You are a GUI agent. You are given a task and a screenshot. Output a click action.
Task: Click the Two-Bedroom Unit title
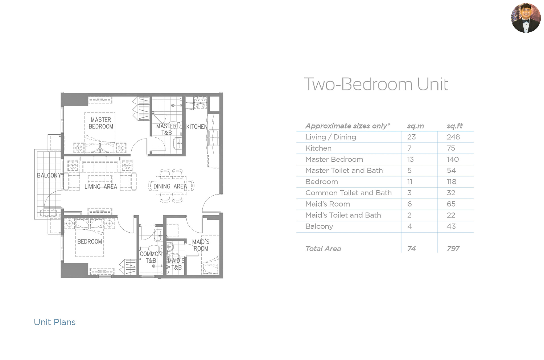point(376,84)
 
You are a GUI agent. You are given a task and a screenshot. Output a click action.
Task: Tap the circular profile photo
point(526,18)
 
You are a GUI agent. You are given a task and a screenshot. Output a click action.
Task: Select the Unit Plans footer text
point(55,322)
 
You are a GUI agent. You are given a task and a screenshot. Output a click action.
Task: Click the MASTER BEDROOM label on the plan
point(101,123)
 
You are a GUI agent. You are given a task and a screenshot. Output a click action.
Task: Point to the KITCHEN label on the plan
point(197,127)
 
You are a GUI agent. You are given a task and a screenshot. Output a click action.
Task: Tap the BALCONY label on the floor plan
point(49,175)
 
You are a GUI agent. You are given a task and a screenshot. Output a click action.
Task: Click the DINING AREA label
point(170,187)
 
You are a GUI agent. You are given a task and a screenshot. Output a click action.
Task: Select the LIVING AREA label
point(101,187)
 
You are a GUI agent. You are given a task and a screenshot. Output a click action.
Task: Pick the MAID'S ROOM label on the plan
point(201,245)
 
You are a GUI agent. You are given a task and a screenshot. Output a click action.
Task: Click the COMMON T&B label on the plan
point(151,257)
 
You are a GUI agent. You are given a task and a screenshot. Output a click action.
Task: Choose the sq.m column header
point(416,126)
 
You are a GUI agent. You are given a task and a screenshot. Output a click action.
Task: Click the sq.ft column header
point(455,126)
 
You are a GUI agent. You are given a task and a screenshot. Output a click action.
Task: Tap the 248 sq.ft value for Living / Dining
point(453,137)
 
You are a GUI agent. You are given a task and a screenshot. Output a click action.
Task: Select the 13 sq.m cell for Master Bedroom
point(411,159)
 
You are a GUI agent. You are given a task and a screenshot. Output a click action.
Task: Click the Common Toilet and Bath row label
point(349,193)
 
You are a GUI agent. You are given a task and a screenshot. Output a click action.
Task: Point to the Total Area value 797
point(453,249)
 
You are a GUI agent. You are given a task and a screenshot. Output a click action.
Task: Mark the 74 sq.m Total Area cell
point(411,249)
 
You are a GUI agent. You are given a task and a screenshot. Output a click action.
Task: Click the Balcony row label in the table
point(320,226)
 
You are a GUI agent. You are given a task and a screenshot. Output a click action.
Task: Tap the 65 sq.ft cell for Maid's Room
point(451,204)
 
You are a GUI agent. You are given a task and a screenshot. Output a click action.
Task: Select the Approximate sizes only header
point(348,126)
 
